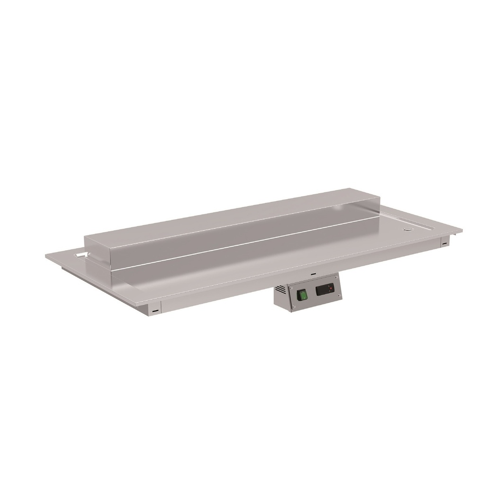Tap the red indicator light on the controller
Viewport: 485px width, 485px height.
(330, 287)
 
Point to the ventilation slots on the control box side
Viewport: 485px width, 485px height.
(281, 288)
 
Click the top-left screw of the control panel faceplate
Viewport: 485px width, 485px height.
(291, 288)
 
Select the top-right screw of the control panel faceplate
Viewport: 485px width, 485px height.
(335, 277)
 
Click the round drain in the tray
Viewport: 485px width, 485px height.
(407, 229)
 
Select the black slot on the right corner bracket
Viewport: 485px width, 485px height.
(445, 243)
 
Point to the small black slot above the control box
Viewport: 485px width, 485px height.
(313, 274)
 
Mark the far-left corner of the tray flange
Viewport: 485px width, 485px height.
(47, 256)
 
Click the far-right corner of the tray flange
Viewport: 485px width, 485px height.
(461, 229)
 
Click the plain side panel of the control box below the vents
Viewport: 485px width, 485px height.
(280, 301)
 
